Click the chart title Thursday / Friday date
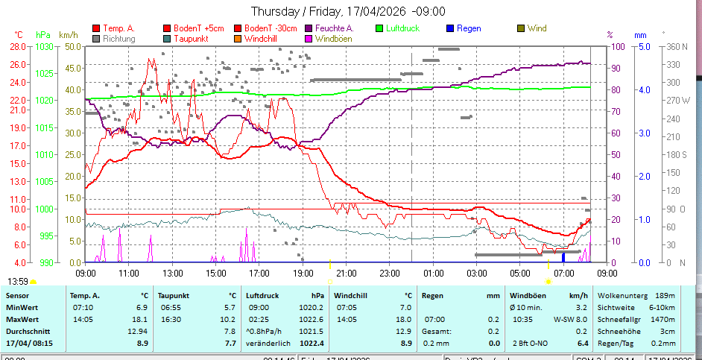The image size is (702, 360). point(348,11)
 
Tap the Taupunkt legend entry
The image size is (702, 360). point(191,38)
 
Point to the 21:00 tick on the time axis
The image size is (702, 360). point(344,274)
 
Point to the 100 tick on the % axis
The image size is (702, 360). point(617,46)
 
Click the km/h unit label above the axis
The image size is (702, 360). point(68,35)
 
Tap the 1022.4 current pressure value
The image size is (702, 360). point(312,343)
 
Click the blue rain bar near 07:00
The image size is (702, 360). point(563,257)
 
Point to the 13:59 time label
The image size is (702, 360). point(19,281)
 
